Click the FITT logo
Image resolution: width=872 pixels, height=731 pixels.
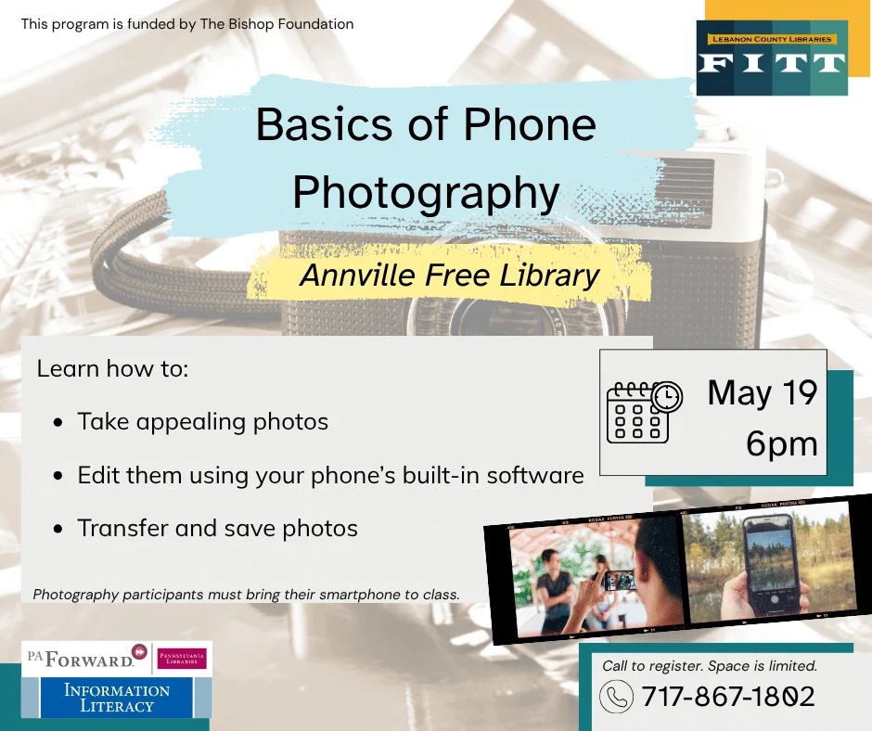(772, 58)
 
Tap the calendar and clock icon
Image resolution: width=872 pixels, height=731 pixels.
(644, 411)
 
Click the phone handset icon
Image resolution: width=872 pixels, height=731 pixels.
(616, 696)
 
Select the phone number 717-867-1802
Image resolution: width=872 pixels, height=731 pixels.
(728, 696)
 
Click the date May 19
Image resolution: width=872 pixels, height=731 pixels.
(763, 393)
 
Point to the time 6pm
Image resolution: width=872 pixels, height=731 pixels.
(782, 444)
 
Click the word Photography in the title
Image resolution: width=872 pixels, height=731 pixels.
(426, 192)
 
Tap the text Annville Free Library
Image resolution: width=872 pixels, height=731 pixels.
(450, 276)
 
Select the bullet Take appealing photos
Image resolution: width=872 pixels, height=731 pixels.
(202, 422)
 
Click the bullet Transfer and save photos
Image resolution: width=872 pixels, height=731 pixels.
(217, 528)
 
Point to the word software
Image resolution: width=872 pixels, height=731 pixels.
(541, 476)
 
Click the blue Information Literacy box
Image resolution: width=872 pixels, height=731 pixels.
(117, 698)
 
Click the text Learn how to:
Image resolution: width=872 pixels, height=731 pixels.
(112, 368)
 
